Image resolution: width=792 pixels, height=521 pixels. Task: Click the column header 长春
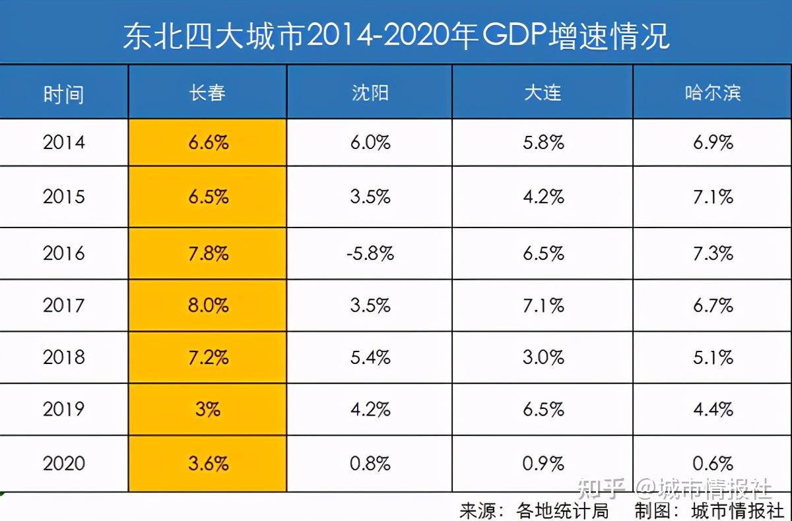pos(208,92)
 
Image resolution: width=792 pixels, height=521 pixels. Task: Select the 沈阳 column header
pos(370,92)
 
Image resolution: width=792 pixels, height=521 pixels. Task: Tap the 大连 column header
pos(543,92)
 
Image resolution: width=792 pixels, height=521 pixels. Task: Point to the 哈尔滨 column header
pos(713,92)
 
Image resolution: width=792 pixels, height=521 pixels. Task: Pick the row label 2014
pos(64,142)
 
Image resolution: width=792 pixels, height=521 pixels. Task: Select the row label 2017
pos(64,305)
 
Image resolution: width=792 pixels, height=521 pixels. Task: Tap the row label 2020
pos(64,463)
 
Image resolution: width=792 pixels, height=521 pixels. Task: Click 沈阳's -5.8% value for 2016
pos(370,253)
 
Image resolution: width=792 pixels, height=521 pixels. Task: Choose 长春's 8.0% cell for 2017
pos(208,305)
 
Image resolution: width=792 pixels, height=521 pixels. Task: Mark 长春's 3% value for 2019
pos(208,409)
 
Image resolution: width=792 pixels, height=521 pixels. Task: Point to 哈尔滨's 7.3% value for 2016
pos(713,253)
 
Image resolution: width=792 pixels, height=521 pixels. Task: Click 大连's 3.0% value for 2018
pos(543,357)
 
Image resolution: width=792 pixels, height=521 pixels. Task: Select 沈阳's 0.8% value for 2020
pos(370,463)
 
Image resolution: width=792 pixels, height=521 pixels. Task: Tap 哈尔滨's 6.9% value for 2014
pos(713,142)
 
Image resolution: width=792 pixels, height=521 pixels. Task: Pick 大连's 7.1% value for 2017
pos(543,305)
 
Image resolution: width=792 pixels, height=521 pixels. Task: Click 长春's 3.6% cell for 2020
pos(208,463)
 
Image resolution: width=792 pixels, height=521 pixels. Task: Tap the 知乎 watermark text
pos(601,489)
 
